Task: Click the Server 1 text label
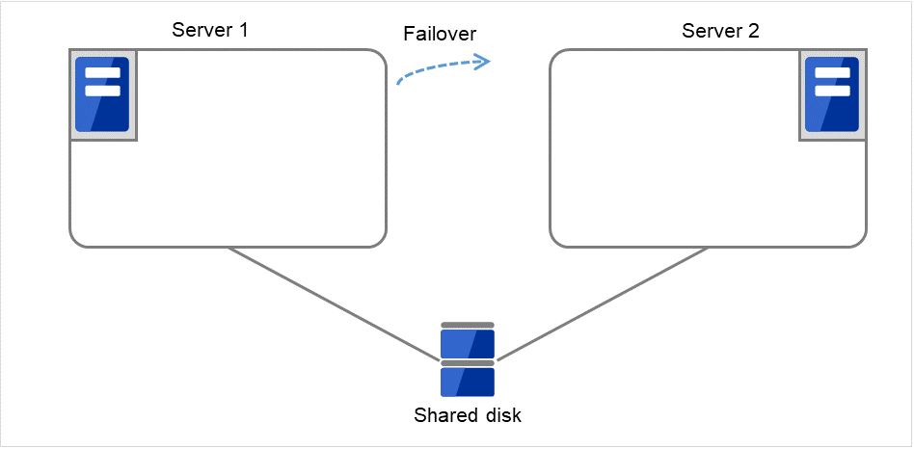tap(210, 30)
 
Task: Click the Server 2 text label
tap(720, 30)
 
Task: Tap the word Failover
tap(440, 34)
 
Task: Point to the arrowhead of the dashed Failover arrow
tap(485, 62)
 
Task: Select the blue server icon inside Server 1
tap(103, 97)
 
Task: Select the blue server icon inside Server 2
tap(832, 97)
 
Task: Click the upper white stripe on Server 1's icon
tap(103, 73)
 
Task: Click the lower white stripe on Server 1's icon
tap(103, 91)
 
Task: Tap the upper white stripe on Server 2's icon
tap(832, 73)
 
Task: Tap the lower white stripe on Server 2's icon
tap(832, 91)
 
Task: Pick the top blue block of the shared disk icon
tap(468, 344)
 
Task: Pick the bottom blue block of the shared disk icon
tap(468, 382)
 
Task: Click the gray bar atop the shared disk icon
tap(468, 325)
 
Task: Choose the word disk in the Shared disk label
tap(503, 416)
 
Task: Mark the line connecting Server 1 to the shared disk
tap(328, 302)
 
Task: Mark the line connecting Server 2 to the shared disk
tap(607, 302)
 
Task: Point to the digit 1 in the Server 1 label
tap(244, 30)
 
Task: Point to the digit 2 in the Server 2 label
tap(754, 30)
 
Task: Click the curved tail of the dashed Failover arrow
tap(405, 77)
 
